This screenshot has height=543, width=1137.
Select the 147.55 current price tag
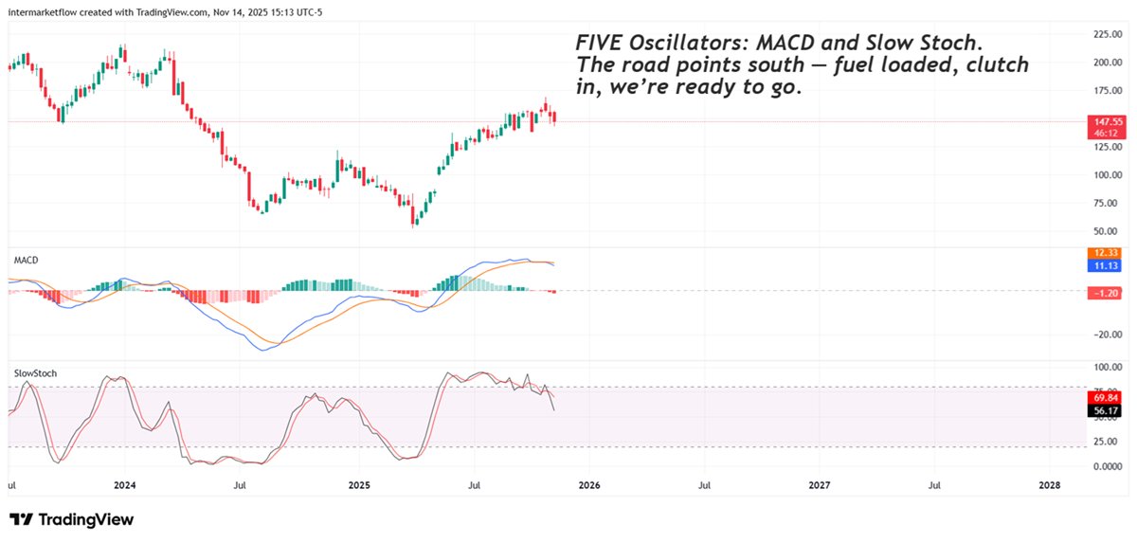point(1108,122)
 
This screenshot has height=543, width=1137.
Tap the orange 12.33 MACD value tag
point(1108,253)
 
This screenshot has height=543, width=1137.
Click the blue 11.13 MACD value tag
point(1108,267)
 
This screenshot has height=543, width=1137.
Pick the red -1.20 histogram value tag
point(1108,294)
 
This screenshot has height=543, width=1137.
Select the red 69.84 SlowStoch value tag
point(1108,398)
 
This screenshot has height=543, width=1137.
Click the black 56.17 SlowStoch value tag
point(1108,411)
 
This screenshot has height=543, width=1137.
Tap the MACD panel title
point(26,260)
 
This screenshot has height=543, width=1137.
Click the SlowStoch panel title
point(35,373)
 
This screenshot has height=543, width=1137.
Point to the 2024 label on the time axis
point(124,485)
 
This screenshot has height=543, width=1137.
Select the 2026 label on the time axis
point(588,485)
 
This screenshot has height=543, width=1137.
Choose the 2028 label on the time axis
point(1050,485)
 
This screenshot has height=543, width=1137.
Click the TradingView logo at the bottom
point(72,519)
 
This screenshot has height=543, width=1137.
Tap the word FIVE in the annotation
point(596,44)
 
